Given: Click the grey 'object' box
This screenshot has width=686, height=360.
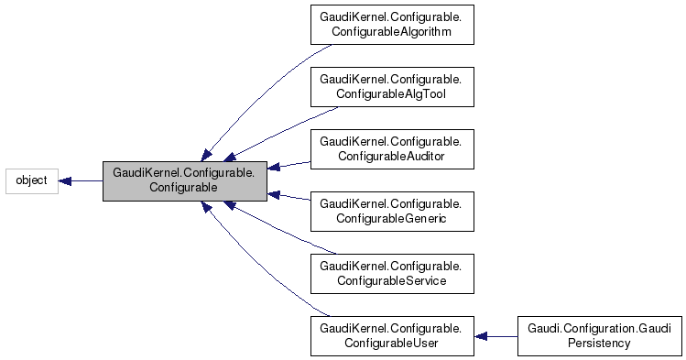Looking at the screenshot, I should [x=32, y=180].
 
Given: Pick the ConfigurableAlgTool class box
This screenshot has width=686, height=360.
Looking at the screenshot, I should [x=391, y=87].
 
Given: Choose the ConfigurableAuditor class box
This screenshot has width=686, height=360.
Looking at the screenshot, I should [x=391, y=149].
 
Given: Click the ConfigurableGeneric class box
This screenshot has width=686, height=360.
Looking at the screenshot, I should [x=391, y=212].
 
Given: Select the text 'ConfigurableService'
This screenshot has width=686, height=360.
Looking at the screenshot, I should [x=391, y=280].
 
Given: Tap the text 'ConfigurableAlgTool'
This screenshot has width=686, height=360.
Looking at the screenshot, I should [x=391, y=93].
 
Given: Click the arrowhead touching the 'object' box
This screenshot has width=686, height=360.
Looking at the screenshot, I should [x=65, y=180].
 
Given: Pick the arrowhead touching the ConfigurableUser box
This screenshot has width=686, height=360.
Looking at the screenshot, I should [x=480, y=336].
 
